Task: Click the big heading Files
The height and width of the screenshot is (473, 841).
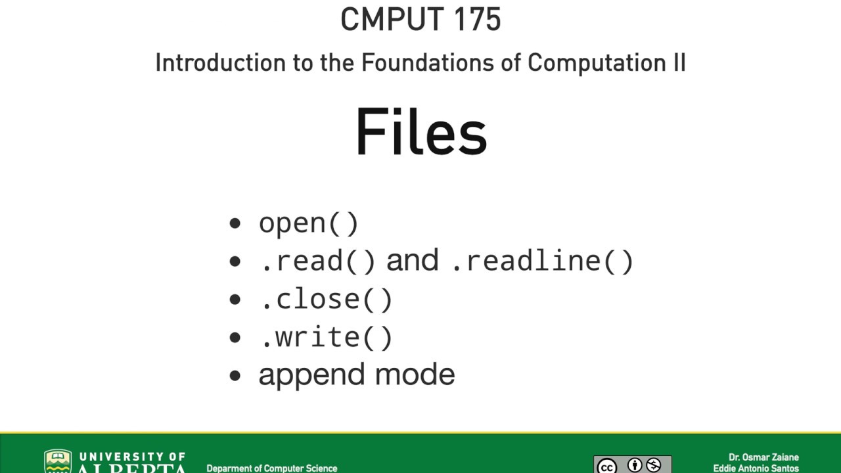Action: click(420, 132)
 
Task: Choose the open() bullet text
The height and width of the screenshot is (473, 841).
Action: click(308, 223)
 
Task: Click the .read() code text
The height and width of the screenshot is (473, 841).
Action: click(318, 261)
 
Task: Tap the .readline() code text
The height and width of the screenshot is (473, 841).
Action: click(543, 261)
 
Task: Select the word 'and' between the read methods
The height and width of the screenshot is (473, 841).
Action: click(412, 260)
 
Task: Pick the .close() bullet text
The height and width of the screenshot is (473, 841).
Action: click(326, 300)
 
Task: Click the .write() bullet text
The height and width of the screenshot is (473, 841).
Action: click(326, 338)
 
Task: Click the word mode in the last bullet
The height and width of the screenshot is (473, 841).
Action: click(415, 374)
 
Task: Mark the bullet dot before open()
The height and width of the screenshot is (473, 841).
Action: click(235, 223)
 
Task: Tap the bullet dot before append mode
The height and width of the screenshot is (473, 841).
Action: click(235, 376)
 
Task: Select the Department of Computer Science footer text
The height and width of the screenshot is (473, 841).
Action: click(271, 468)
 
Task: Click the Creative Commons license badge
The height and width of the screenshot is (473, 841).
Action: click(632, 465)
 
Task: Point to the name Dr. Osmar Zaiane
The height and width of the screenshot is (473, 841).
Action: click(763, 457)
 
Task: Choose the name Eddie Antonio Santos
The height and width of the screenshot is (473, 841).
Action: click(756, 468)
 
